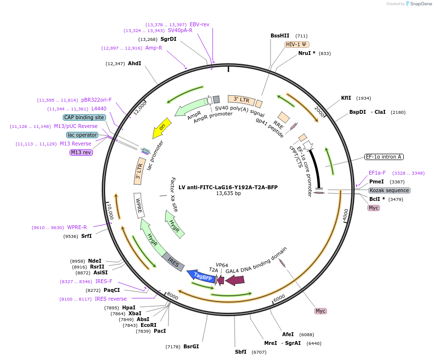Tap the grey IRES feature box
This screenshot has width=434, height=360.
tap(174, 261)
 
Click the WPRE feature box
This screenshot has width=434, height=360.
tap(139, 205)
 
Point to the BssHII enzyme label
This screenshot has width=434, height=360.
tap(280, 36)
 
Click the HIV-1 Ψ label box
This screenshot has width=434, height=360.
tap(297, 44)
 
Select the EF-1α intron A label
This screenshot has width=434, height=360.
tap(384, 157)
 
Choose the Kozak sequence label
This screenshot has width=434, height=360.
tap(389, 190)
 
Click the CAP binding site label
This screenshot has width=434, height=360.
tap(84, 117)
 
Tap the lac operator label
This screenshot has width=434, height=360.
tap(82, 135)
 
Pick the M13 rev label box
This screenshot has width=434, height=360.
tap(81, 152)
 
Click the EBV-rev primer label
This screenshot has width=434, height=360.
tap(199, 24)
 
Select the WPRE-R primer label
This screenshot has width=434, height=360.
tap(77, 227)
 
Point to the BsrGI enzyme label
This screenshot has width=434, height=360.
tap(191, 346)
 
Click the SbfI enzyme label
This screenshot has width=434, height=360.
tap(240, 352)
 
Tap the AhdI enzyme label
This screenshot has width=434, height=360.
tap(134, 63)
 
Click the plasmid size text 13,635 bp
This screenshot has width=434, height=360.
tap(228, 193)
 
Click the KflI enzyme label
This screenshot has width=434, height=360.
tap(346, 98)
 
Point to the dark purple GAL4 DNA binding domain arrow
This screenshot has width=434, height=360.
tap(235, 280)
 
